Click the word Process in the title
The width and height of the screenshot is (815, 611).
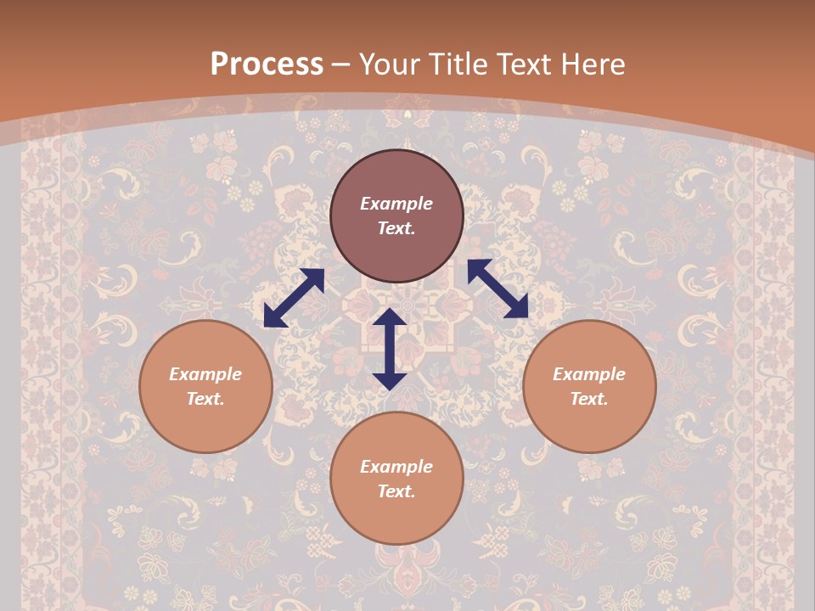[267, 64]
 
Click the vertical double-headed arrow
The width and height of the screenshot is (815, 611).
[390, 349]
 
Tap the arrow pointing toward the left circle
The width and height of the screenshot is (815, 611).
[294, 298]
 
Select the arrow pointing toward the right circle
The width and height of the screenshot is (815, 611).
[497, 289]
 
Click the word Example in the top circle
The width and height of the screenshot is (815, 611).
[396, 204]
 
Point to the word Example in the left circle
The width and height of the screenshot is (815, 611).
[205, 374]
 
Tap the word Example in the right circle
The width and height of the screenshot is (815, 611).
[589, 374]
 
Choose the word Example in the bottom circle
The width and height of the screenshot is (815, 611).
[396, 467]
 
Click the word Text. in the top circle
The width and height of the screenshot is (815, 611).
[396, 228]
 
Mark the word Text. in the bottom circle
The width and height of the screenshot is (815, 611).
[396, 491]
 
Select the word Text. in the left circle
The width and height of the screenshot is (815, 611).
[205, 399]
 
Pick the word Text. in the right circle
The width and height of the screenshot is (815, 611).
[589, 399]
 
